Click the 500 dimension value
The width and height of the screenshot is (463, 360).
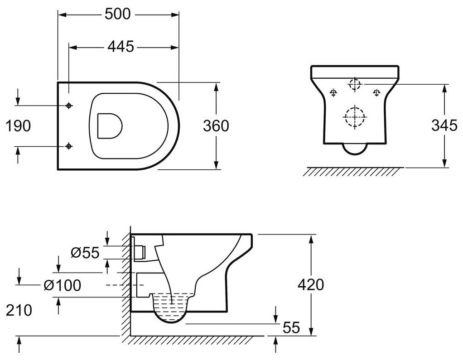118,14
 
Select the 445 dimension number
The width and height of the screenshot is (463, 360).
121,46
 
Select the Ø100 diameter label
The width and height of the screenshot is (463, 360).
64,285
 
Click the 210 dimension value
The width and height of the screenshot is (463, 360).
19,310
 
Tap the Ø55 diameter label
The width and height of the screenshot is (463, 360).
85,252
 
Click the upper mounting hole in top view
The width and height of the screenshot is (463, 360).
69,106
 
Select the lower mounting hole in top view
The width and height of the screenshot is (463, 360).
69,146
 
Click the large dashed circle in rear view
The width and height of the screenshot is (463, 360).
355,117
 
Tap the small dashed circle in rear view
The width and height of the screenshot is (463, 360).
355,84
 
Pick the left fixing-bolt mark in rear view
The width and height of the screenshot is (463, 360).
333,93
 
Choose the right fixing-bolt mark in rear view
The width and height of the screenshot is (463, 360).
376,93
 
